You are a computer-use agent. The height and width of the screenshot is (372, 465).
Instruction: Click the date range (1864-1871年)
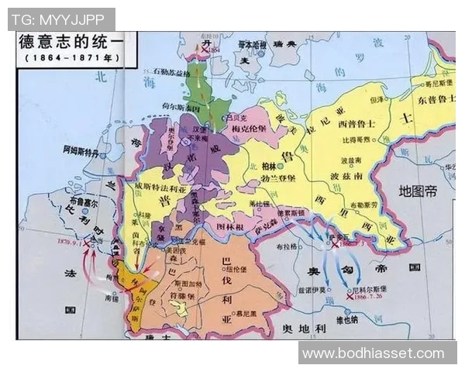[66, 58]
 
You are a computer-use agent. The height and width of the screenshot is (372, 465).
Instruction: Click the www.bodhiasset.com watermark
[374, 353]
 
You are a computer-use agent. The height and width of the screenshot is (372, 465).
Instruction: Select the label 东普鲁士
[436, 99]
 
